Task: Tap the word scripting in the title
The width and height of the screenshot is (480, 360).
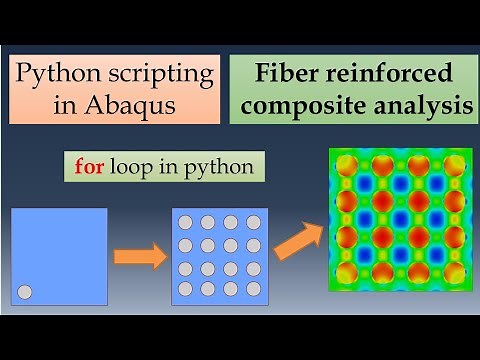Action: tap(162, 74)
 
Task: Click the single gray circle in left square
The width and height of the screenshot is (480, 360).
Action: tap(26, 292)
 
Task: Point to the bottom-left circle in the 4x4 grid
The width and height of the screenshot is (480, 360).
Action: tap(185, 289)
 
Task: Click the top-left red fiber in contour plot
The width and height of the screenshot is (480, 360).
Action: tap(348, 165)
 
